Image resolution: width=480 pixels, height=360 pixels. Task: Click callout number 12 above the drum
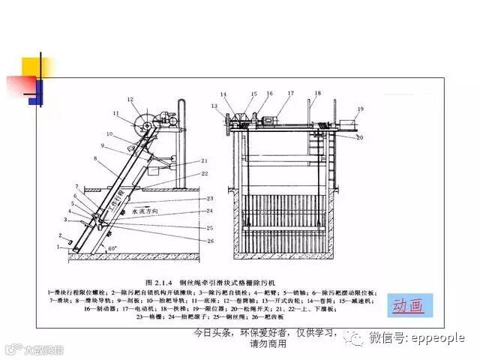coord(129,99)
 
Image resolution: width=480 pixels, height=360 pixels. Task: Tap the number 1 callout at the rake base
coord(58,245)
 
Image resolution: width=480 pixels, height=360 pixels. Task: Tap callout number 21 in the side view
coord(205,161)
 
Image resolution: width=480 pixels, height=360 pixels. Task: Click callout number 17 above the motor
coord(290,94)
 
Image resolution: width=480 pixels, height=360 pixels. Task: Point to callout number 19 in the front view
coord(361,109)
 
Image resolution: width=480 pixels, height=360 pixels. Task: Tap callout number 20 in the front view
coord(361,138)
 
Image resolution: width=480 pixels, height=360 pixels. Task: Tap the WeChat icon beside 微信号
coord(352,338)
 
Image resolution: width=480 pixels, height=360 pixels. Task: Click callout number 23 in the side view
coord(210,197)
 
